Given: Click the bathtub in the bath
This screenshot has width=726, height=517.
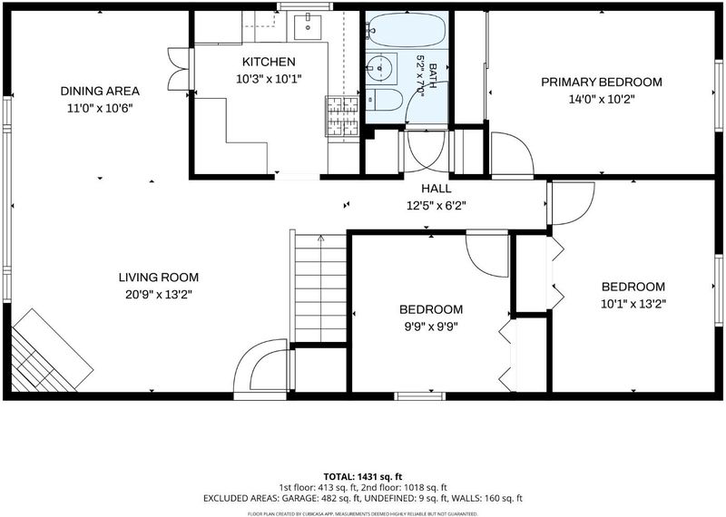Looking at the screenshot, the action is [x=407, y=29].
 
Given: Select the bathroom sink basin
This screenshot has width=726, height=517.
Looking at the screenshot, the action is [x=381, y=68].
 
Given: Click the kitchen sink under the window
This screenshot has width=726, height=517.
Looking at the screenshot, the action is [x=307, y=27].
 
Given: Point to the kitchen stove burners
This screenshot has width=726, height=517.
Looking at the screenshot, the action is [x=343, y=116].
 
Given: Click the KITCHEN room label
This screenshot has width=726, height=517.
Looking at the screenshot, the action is [x=269, y=62].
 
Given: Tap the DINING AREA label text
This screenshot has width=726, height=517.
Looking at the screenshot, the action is [x=100, y=91].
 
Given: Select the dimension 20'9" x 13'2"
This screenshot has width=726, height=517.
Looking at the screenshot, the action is [x=158, y=295].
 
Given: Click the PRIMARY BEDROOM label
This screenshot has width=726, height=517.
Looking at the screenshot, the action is [x=602, y=82].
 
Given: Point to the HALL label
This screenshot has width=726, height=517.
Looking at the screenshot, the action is [x=437, y=189].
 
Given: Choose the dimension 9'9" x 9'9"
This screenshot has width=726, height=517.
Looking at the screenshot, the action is [x=431, y=327].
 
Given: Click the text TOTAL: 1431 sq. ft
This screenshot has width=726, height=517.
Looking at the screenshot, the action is [x=362, y=477].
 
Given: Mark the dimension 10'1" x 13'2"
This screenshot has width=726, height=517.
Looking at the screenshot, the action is [x=633, y=304].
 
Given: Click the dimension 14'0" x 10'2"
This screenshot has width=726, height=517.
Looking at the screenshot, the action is [x=602, y=99].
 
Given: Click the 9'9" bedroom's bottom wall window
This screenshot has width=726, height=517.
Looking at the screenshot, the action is [x=420, y=396].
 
